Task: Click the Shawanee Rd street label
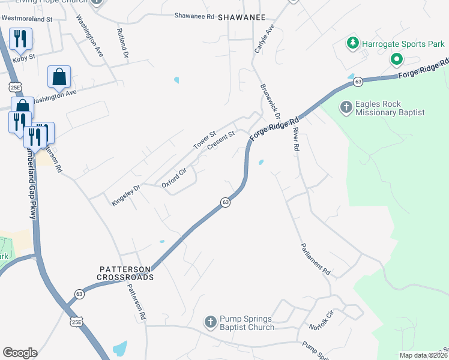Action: pyautogui.click(x=194, y=16)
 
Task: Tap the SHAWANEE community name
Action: pyautogui.click(x=242, y=17)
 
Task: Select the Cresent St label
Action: pyautogui.click(x=220, y=142)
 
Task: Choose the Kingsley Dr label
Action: pyautogui.click(x=125, y=196)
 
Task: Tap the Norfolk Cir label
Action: pyautogui.click(x=321, y=322)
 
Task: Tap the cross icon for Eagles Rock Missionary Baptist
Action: pyautogui.click(x=346, y=108)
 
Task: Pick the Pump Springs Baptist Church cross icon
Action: pyautogui.click(x=210, y=323)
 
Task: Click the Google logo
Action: pyautogui.click(x=20, y=353)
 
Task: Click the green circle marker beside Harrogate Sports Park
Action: pyautogui.click(x=396, y=59)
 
